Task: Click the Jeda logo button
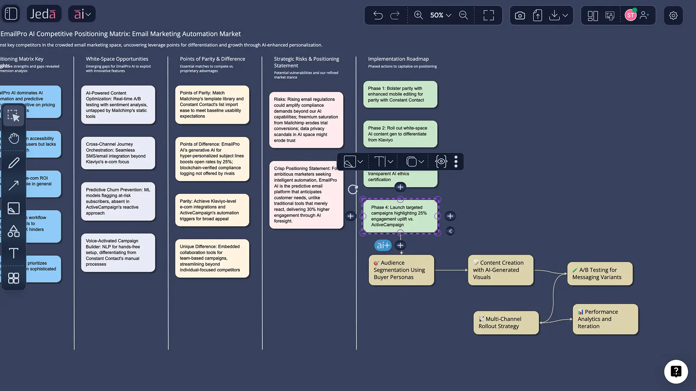click(43, 14)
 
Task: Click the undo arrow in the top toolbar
click(378, 15)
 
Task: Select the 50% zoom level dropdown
click(440, 15)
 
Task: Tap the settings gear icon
click(673, 16)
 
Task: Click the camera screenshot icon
click(520, 16)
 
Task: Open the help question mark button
click(676, 371)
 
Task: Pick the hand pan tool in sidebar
click(14, 138)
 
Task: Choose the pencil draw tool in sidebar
click(14, 163)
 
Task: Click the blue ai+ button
click(383, 245)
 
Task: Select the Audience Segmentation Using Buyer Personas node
click(401, 270)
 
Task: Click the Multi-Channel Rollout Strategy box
click(506, 323)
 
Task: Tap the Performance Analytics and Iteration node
click(605, 319)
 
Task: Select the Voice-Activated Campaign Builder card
click(118, 252)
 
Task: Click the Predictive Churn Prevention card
click(118, 201)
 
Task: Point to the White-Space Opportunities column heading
click(117, 59)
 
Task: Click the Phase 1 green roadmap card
click(400, 94)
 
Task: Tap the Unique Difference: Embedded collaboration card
click(212, 258)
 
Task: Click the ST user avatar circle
click(630, 16)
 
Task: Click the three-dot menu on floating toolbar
click(456, 161)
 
